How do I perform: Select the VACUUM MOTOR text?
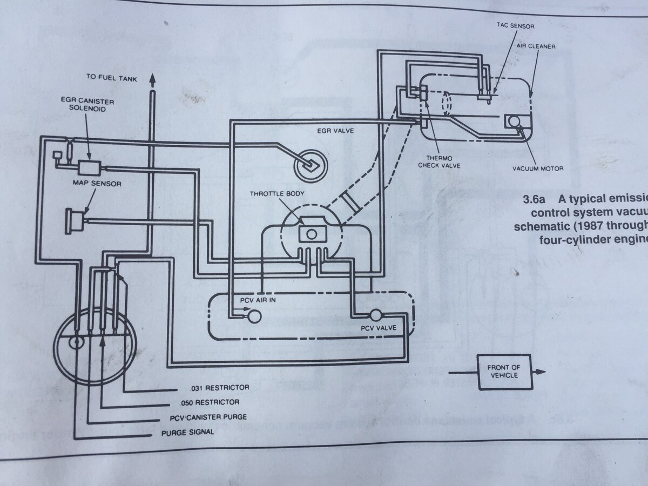coord(537,169)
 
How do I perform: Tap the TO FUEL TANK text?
coord(112,78)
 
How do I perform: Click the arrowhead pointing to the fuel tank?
coord(153,78)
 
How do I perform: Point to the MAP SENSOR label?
coord(97,184)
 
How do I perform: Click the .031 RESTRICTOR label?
coord(220,388)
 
